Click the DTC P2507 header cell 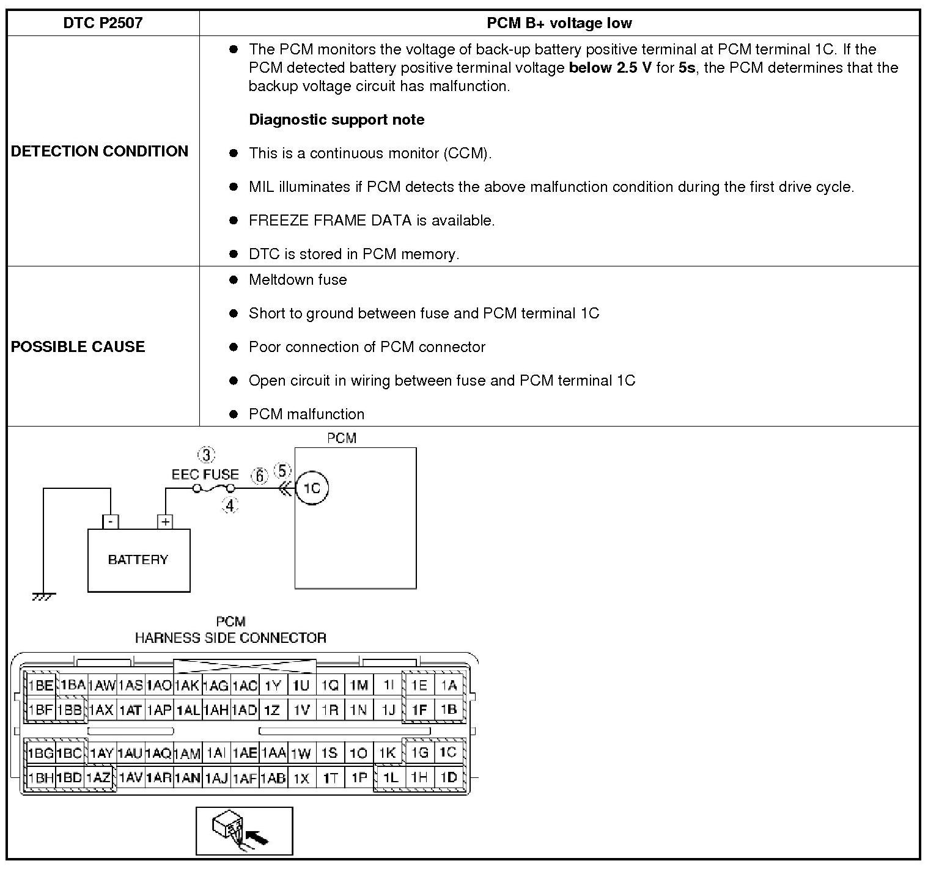[x=103, y=23]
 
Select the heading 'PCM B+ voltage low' [x=559, y=23]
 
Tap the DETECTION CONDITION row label [x=100, y=151]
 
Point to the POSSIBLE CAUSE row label [x=78, y=346]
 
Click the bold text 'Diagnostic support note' [x=336, y=120]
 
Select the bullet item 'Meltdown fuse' [x=298, y=280]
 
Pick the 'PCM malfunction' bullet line [x=306, y=414]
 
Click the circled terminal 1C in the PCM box [x=312, y=488]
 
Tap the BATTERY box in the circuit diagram [x=139, y=560]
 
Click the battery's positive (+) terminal [x=165, y=522]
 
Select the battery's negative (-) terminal [x=111, y=522]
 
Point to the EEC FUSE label [x=205, y=474]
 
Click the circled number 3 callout [x=207, y=455]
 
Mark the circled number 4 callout [x=230, y=506]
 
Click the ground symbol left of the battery [x=43, y=596]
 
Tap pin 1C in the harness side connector [x=448, y=752]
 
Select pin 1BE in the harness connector [x=41, y=686]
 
